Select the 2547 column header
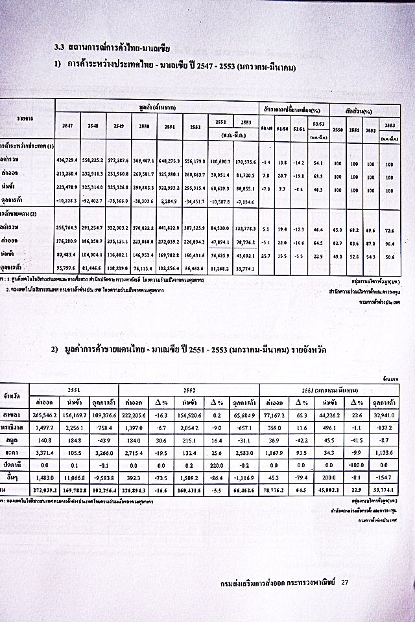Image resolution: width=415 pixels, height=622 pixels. [x=67, y=124]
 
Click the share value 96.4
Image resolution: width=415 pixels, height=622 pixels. [x=389, y=242]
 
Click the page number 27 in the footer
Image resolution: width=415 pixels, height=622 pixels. [x=345, y=582]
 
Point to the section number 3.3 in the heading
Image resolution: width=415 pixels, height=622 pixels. [x=58, y=47]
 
